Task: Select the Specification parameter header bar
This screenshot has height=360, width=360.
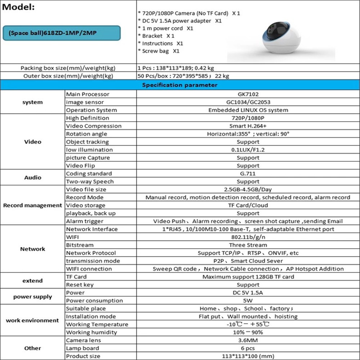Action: click(x=180, y=85)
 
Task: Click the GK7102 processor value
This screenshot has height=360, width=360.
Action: click(x=248, y=94)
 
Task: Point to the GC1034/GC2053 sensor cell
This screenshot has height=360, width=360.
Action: click(x=248, y=102)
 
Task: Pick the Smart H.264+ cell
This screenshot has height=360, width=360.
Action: click(x=248, y=126)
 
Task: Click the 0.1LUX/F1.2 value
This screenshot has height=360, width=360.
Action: click(x=248, y=150)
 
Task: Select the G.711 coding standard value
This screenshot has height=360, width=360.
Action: click(x=248, y=174)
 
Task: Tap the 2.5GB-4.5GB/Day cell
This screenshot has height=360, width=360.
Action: click(x=248, y=189)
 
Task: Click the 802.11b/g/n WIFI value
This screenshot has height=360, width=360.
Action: click(x=248, y=237)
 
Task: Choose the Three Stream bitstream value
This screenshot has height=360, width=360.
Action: click(x=248, y=245)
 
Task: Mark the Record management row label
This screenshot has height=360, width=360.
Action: click(x=32, y=205)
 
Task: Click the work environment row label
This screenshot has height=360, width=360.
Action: click(x=32, y=320)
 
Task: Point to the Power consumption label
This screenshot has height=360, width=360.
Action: click(x=94, y=301)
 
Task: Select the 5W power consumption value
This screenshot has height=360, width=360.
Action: click(x=248, y=301)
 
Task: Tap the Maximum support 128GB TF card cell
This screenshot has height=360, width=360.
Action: click(x=248, y=277)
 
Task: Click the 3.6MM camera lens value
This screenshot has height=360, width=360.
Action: click(x=248, y=340)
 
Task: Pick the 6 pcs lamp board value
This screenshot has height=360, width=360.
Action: click(x=248, y=348)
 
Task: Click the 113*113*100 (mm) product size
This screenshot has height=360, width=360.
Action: click(x=248, y=356)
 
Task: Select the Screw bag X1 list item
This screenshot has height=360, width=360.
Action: click(x=158, y=51)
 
